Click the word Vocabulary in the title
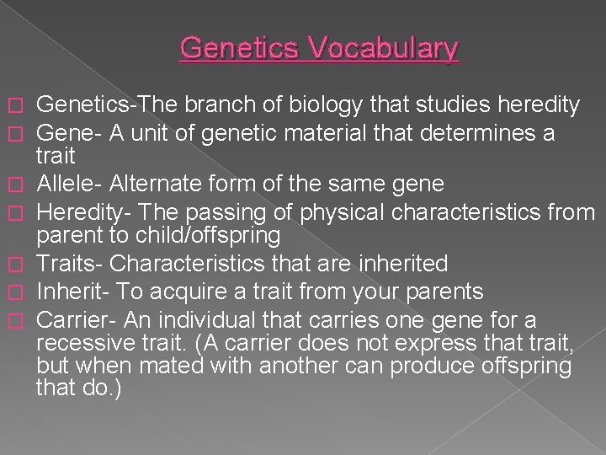pos(387,48)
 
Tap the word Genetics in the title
pos(244,48)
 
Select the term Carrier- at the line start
pos(76,321)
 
